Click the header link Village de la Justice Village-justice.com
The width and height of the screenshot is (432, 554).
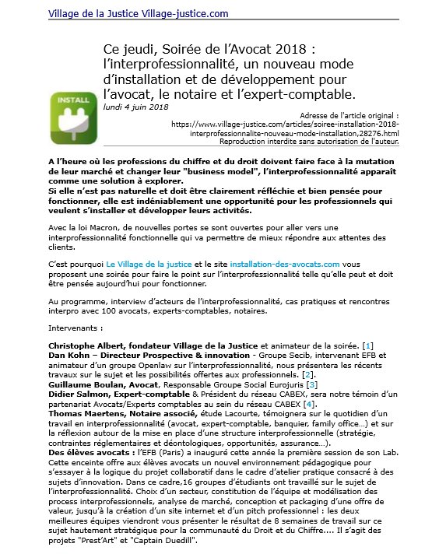tap(139, 13)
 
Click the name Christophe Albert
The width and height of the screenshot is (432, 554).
tap(86, 345)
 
